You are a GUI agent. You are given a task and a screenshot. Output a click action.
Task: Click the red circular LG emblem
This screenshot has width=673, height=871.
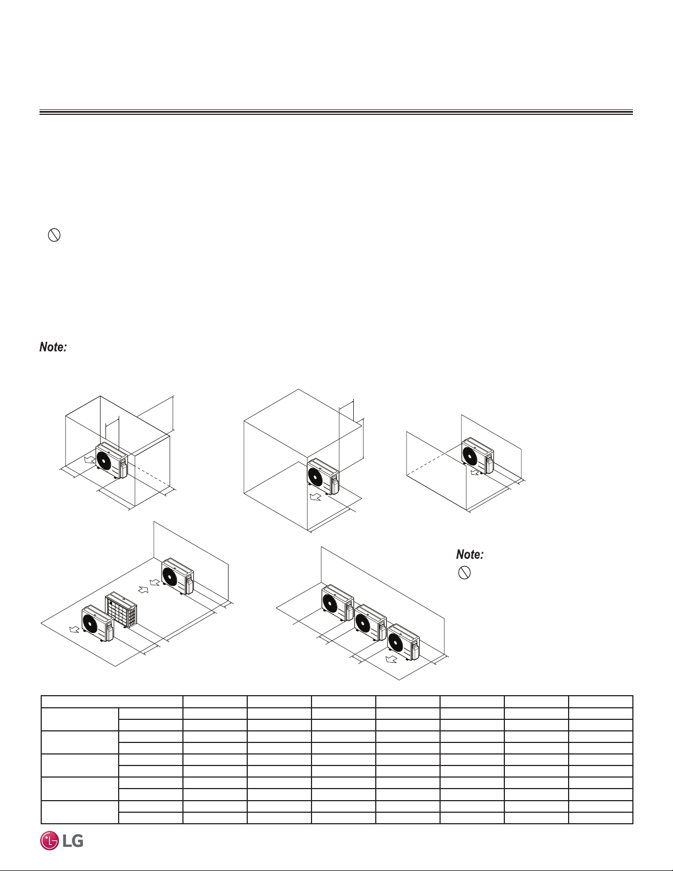(49, 841)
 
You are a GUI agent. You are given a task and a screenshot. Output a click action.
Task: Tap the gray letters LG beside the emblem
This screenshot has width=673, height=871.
(73, 841)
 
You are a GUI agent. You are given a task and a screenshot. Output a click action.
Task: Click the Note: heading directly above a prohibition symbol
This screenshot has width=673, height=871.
(470, 554)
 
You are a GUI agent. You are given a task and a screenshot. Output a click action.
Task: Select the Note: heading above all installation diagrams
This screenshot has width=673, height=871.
(53, 347)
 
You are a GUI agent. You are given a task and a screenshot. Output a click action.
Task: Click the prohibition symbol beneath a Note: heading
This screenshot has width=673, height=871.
(464, 573)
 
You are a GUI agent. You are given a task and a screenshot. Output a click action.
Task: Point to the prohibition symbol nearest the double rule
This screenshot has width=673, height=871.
(54, 235)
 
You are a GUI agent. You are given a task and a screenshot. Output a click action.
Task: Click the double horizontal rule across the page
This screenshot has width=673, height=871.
(336, 112)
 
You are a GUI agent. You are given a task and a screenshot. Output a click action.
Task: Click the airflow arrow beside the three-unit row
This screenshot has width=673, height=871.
(391, 659)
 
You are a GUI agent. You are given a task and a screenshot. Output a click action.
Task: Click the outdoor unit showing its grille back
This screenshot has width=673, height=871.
(121, 609)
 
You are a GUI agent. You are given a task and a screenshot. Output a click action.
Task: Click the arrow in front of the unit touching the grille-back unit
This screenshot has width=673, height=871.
(75, 629)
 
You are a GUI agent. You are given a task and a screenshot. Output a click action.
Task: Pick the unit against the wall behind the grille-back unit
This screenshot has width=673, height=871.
(177, 576)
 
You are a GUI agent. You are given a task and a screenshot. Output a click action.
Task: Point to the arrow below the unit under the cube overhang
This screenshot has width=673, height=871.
(316, 497)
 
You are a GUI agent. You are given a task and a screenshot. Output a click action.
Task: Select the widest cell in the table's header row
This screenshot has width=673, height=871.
(112, 701)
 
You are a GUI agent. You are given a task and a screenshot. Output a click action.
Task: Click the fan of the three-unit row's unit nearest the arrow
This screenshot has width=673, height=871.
(396, 642)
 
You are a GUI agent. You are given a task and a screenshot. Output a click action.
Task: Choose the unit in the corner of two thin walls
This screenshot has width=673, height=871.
(477, 456)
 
